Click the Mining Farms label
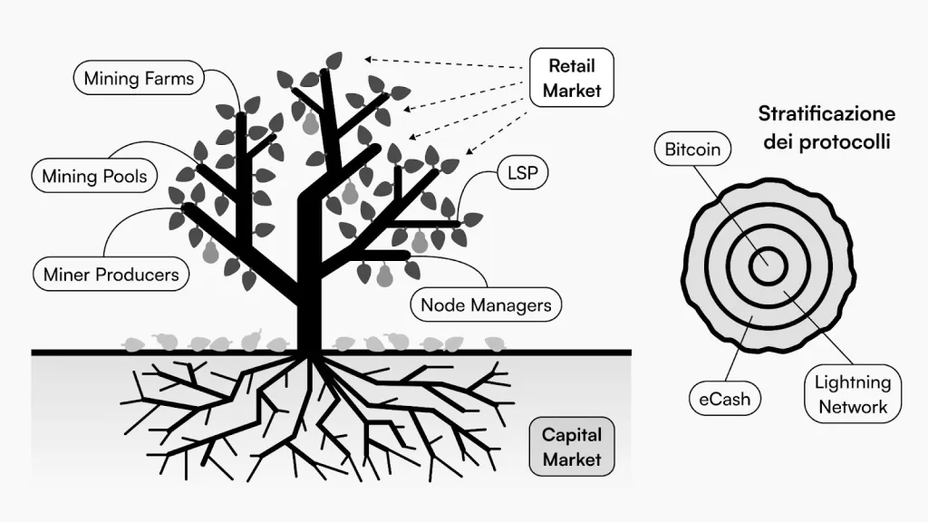click(x=139, y=78)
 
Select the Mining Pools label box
click(x=94, y=176)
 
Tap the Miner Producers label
click(x=111, y=273)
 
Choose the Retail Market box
click(x=572, y=78)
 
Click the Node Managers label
click(x=486, y=304)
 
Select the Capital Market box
click(x=571, y=447)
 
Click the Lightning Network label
click(x=852, y=394)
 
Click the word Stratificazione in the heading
click(x=826, y=114)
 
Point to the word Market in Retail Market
click(x=572, y=91)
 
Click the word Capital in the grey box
click(x=571, y=435)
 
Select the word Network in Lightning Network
click(x=853, y=406)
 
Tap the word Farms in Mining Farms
click(x=168, y=78)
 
